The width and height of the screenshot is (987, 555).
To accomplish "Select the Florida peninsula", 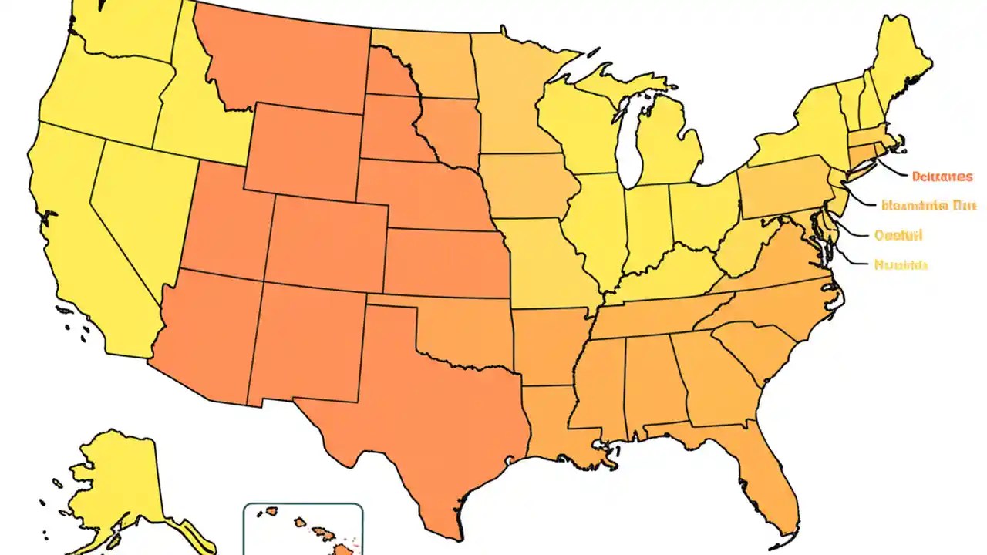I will point(763,478).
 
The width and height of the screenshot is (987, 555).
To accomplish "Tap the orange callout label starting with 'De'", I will point(941,177).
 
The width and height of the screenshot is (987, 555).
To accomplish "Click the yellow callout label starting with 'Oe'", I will point(898,235).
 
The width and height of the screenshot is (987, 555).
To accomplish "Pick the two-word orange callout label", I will point(928,206).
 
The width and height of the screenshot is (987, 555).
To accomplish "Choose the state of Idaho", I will point(193,116).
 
